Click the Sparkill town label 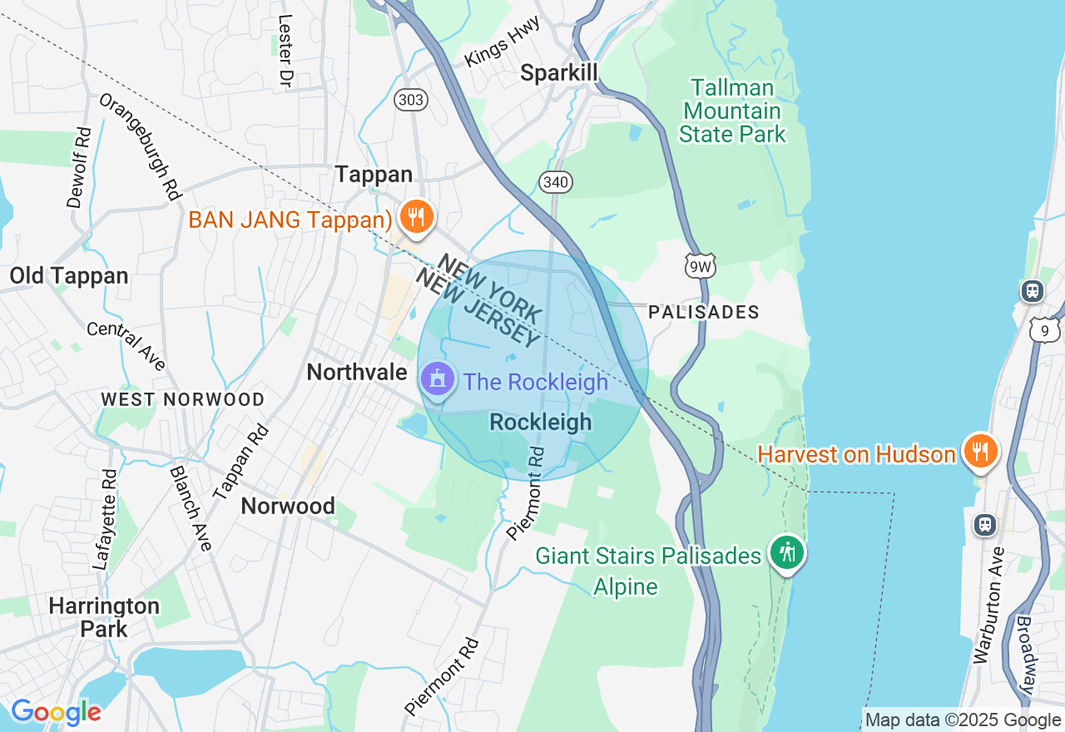pos(559,73)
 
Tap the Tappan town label pos(374,174)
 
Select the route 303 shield pos(411,101)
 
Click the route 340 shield pos(555,181)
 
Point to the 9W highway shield pos(700,265)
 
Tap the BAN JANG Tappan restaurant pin pos(415,217)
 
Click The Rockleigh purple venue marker pos(437,381)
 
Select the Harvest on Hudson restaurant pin pos(981,452)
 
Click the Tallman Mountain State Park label pos(732,111)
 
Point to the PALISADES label pos(703,312)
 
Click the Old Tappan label pos(69,276)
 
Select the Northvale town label pos(356,372)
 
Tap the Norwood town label pos(288,506)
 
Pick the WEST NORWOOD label pos(182,399)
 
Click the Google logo pos(56,712)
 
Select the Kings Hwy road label pos(503,42)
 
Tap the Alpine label pos(625,586)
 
